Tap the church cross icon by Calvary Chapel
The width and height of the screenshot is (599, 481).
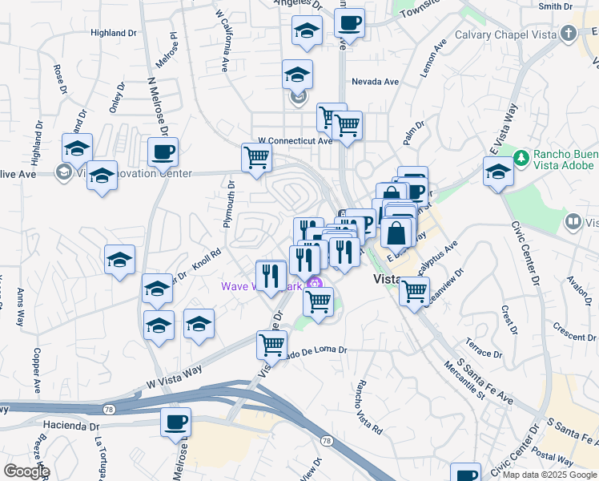tap(569, 34)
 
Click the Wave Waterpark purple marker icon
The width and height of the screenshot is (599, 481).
tap(314, 283)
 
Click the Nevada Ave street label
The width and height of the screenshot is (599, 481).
tap(376, 82)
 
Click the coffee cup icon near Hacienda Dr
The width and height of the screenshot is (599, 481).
tap(175, 422)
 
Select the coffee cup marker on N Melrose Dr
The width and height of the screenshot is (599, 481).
tap(163, 151)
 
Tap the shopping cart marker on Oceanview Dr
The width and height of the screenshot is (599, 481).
tap(414, 291)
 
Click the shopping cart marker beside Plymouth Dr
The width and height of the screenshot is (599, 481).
tap(256, 157)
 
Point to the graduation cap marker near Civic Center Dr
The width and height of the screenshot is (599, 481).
tap(498, 172)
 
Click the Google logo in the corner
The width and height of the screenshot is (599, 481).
tap(26, 471)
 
